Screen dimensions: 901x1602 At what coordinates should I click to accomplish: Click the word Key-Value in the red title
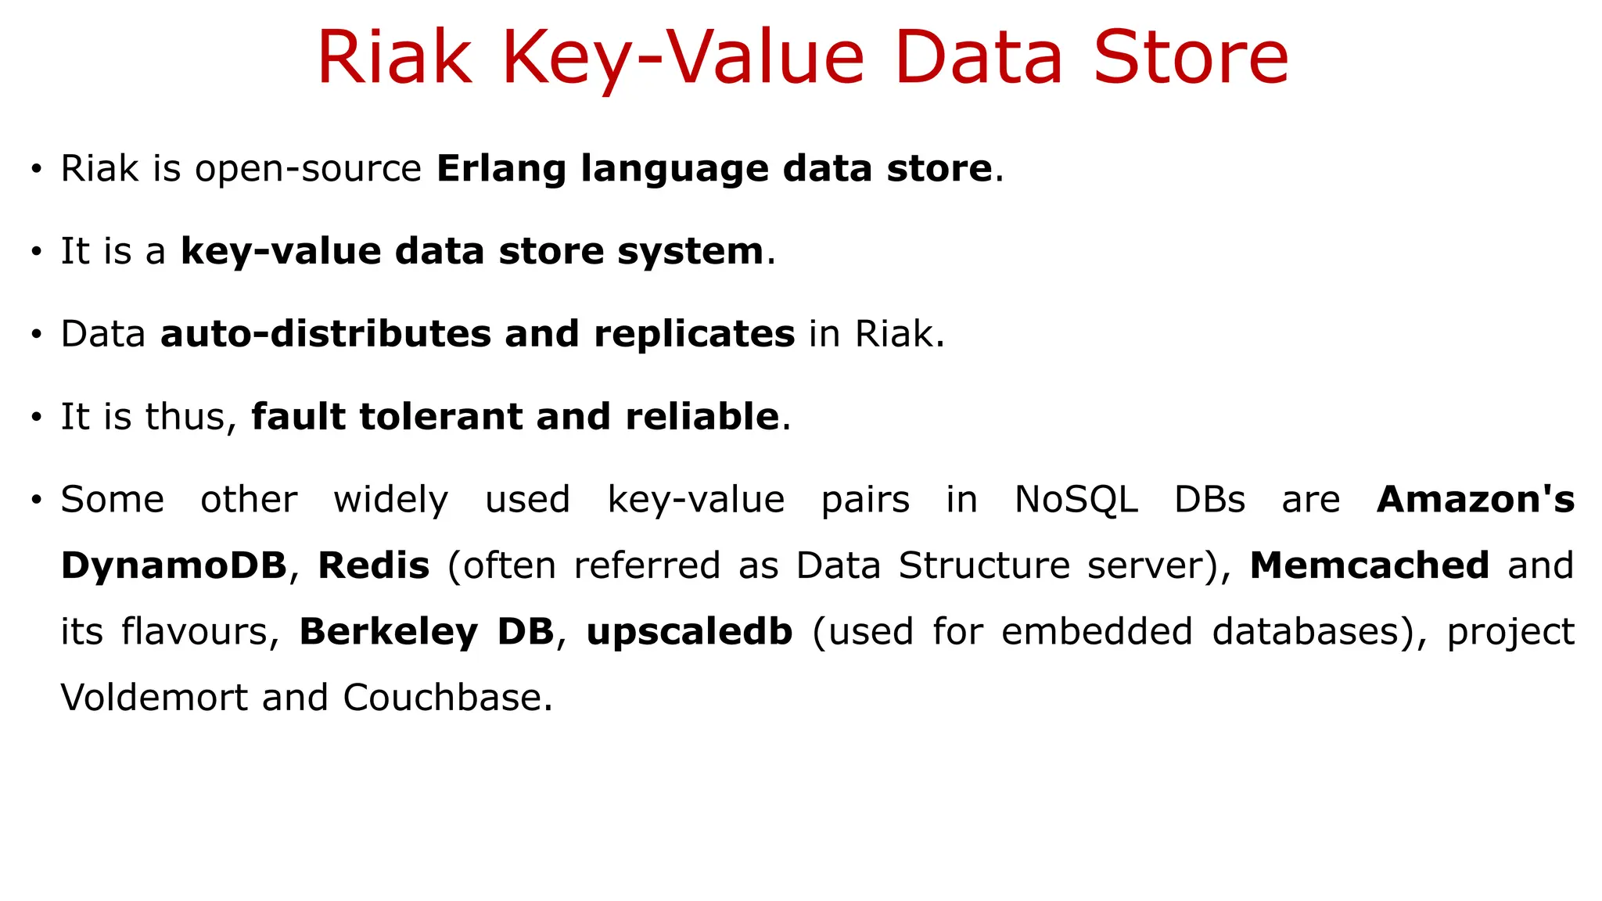tap(682, 58)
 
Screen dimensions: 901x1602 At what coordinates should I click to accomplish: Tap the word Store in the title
tap(1190, 58)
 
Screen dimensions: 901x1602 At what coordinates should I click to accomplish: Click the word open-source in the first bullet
tap(308, 169)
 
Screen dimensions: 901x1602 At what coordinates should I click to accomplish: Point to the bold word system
tap(690, 251)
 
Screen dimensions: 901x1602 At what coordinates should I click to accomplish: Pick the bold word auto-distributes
tap(325, 334)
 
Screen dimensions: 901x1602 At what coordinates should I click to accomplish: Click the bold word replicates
tap(694, 334)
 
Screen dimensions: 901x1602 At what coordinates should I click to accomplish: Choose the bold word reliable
tap(702, 416)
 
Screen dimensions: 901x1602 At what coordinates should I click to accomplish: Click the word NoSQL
tap(1076, 499)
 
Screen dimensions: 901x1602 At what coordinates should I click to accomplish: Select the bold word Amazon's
tap(1475, 499)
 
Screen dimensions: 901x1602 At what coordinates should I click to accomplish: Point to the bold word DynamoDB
tap(174, 565)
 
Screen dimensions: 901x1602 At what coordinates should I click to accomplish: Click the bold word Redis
tap(374, 565)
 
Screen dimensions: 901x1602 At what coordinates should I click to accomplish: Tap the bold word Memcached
tap(1369, 565)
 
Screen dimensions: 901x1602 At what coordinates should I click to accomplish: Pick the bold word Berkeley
tap(388, 632)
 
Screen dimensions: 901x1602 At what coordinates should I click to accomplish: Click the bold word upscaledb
tap(689, 632)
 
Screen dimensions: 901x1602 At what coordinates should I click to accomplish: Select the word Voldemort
tap(154, 698)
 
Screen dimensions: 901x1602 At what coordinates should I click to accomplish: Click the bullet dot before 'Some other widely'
tap(36, 500)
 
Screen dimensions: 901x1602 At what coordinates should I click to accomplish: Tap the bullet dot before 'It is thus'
tap(36, 417)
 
